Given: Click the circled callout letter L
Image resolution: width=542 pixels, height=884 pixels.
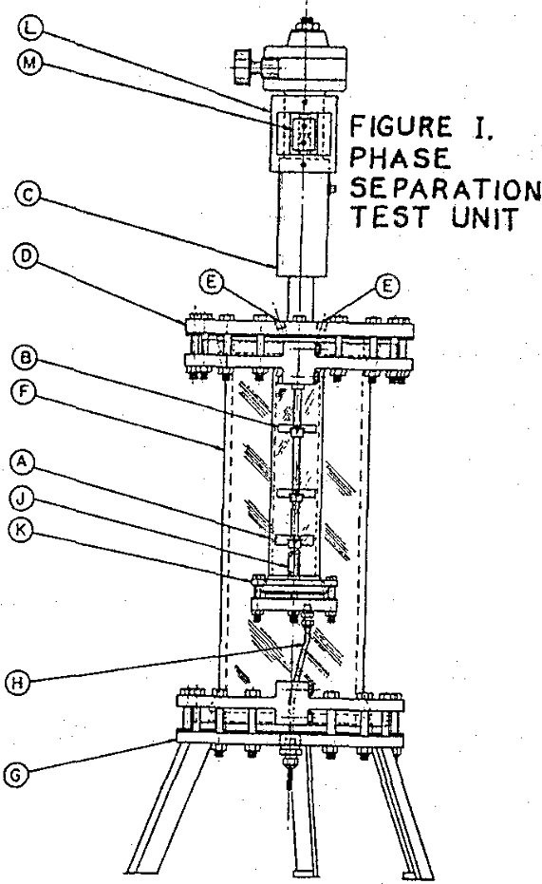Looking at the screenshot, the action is click(28, 29).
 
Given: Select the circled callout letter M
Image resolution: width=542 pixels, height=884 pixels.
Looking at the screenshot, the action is click(28, 63).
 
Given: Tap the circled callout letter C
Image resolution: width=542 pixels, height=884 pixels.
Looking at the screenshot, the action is click(27, 195).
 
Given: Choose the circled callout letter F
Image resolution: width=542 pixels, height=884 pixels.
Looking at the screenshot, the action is click(24, 392).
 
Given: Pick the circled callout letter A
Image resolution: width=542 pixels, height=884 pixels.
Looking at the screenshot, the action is click(22, 462).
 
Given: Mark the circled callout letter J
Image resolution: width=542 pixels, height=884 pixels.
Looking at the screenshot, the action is click(22, 498).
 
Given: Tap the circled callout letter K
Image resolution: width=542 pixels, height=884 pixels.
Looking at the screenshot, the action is click(22, 530).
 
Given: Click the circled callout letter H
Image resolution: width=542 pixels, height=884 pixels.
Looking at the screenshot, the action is click(17, 683).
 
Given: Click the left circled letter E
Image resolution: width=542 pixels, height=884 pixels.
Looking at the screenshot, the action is click(210, 283).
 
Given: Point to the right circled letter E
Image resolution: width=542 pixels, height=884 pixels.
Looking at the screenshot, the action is click(386, 287).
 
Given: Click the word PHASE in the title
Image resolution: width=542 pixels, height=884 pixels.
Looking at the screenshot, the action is click(400, 158).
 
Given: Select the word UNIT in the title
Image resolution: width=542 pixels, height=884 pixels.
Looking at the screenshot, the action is click(484, 218).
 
